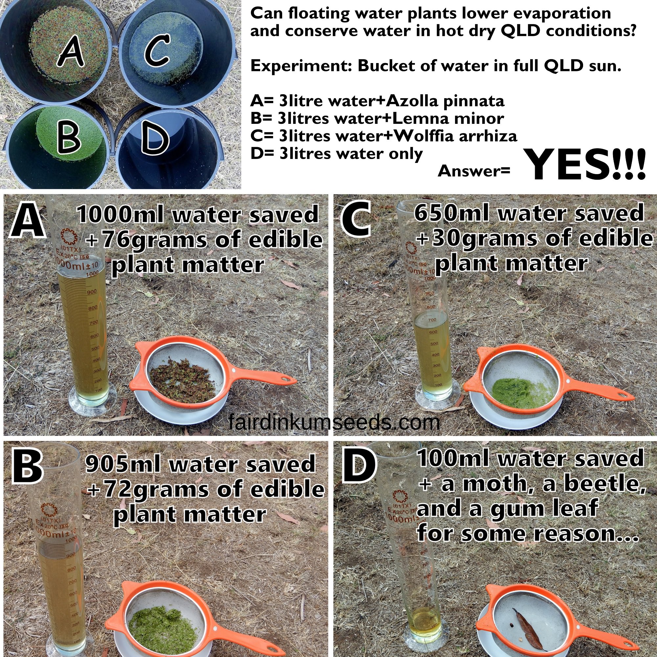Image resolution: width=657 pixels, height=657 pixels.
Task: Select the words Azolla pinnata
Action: pyautogui.click(x=445, y=101)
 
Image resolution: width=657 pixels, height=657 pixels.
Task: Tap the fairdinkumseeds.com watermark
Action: pyautogui.click(x=334, y=423)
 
